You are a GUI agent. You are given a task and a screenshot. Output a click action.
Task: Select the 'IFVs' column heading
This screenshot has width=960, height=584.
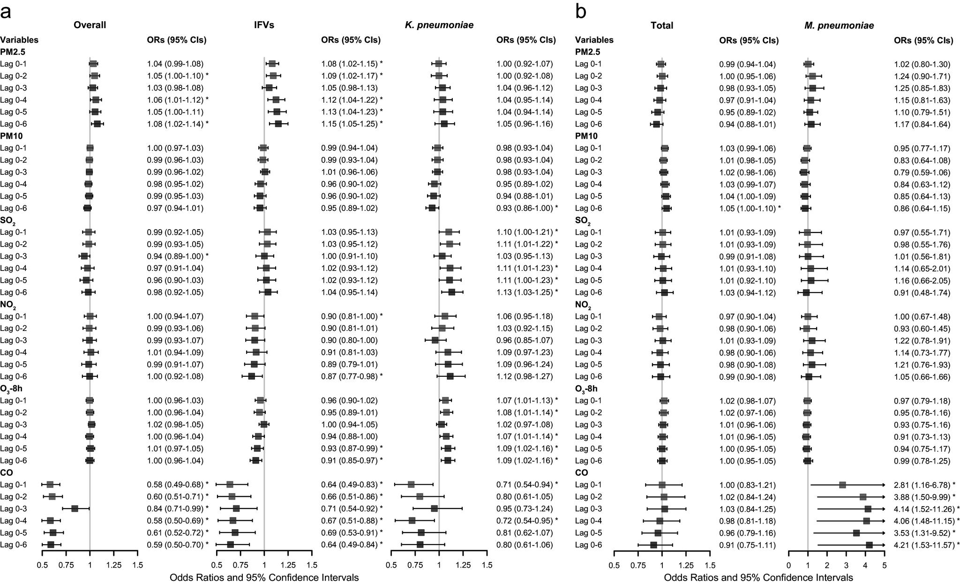pyautogui.click(x=264, y=25)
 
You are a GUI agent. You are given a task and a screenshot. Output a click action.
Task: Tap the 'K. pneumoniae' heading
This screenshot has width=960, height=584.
pyautogui.click(x=439, y=25)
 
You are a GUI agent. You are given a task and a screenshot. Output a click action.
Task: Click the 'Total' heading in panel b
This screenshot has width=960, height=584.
pyautogui.click(x=662, y=26)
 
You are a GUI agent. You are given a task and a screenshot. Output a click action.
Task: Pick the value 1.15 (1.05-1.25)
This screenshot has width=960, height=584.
pyautogui.click(x=349, y=124)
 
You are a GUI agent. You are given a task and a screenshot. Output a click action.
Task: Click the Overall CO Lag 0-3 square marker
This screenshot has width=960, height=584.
pyautogui.click(x=74, y=509)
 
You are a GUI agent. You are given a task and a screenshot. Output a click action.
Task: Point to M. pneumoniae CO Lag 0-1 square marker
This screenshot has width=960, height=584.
pyautogui.click(x=842, y=485)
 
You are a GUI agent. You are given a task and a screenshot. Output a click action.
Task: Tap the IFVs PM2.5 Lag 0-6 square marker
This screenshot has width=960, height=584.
pyautogui.click(x=278, y=124)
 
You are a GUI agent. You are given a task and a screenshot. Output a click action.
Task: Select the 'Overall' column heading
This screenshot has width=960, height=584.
pyautogui.click(x=90, y=25)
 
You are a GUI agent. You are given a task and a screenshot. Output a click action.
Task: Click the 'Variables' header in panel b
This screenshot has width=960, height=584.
pyautogui.click(x=594, y=40)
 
